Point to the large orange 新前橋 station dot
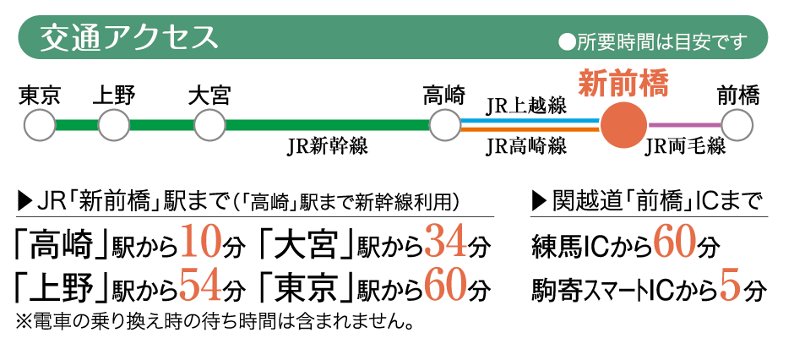[x=624, y=124]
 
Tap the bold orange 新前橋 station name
[x=623, y=84]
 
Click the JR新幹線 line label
[x=327, y=147]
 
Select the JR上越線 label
[x=526, y=106]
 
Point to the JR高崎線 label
[x=526, y=147]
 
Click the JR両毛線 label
[x=685, y=147]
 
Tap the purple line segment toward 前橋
[x=685, y=124]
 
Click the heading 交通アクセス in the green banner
[x=128, y=37]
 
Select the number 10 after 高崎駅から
[x=201, y=243]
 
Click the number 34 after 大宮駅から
[x=446, y=243]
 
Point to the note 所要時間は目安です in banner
[x=653, y=42]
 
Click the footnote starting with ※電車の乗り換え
[x=213, y=322]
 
